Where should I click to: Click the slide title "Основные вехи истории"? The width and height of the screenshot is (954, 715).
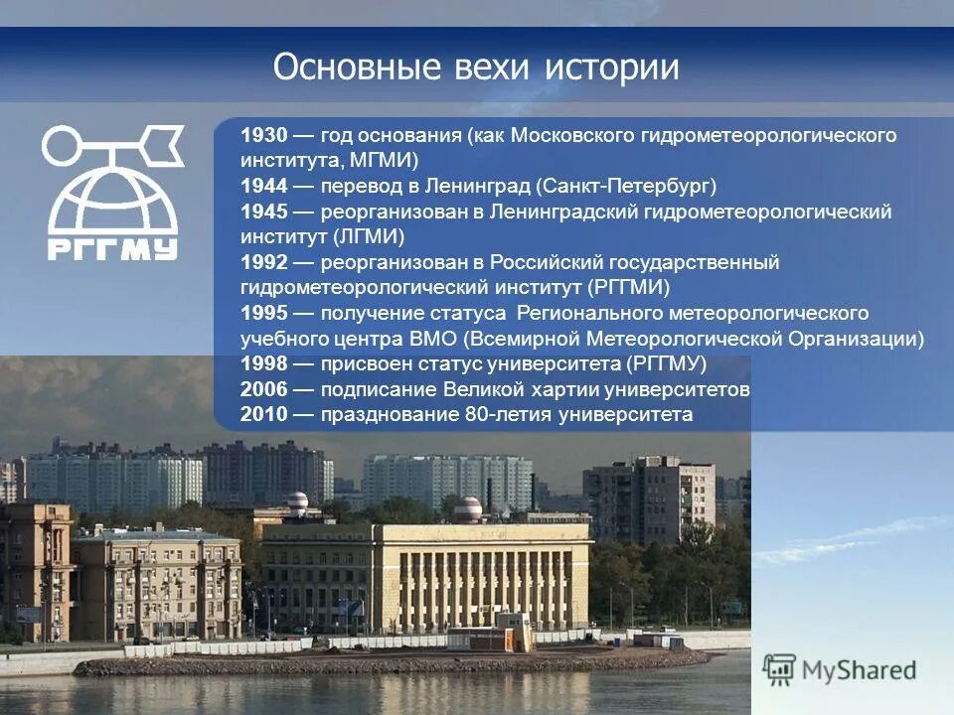point(476,69)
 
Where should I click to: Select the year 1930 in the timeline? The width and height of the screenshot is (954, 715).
point(262,135)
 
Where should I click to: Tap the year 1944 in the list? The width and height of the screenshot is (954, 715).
point(262,186)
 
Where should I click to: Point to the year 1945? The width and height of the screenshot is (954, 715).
point(262,212)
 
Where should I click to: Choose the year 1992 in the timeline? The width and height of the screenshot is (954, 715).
point(262,263)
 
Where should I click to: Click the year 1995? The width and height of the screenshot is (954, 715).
point(262,314)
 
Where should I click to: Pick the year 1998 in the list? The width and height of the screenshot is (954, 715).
point(262,363)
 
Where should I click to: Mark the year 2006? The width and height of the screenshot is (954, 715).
point(262,389)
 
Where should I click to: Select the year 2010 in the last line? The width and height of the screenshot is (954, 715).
point(262,415)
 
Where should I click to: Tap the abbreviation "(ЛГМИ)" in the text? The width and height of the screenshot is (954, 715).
point(370,237)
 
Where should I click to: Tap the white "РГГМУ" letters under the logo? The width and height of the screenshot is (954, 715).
point(112,246)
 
